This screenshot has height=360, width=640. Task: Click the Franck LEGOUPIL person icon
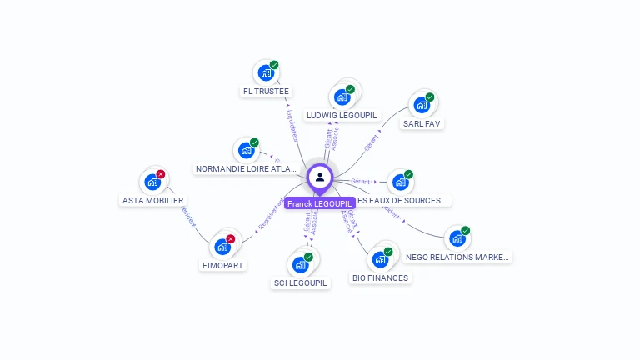(x=320, y=177)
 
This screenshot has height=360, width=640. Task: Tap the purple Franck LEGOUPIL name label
(x=320, y=203)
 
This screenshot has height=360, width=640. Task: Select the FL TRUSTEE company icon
(x=266, y=72)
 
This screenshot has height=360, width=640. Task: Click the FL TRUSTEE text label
(x=266, y=91)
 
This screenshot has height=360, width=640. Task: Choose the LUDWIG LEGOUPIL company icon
(x=342, y=97)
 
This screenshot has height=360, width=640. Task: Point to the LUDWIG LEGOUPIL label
(x=342, y=115)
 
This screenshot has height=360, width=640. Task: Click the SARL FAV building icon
(x=422, y=105)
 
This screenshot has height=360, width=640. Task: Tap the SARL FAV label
(x=422, y=123)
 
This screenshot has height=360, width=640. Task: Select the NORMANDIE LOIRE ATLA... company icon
(x=246, y=150)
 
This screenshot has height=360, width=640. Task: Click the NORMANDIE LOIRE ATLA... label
(x=246, y=168)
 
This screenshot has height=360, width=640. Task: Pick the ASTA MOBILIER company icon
(x=152, y=182)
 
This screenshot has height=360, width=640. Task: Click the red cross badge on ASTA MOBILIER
(x=161, y=174)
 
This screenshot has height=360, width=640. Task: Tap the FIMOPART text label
(x=222, y=265)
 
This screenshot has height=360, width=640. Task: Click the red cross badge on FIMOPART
(x=231, y=239)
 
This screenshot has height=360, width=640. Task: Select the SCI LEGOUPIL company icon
(x=300, y=264)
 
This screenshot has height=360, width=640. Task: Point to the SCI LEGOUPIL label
(x=301, y=282)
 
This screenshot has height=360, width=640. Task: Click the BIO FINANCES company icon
(x=380, y=259)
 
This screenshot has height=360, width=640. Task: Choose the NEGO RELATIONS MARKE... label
(x=457, y=257)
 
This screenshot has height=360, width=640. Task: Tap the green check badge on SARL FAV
(x=430, y=97)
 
